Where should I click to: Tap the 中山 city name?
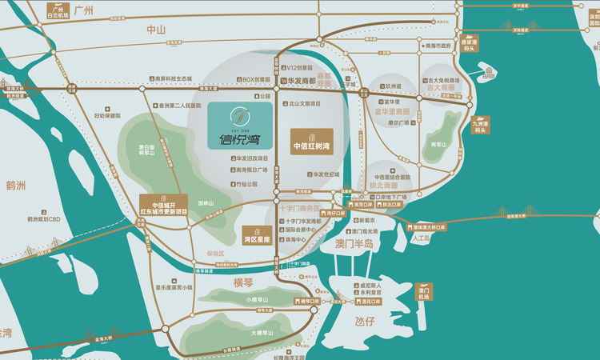click(x=155, y=30)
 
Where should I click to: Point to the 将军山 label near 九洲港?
click(x=437, y=145)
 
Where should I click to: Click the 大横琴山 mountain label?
click(x=261, y=332)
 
